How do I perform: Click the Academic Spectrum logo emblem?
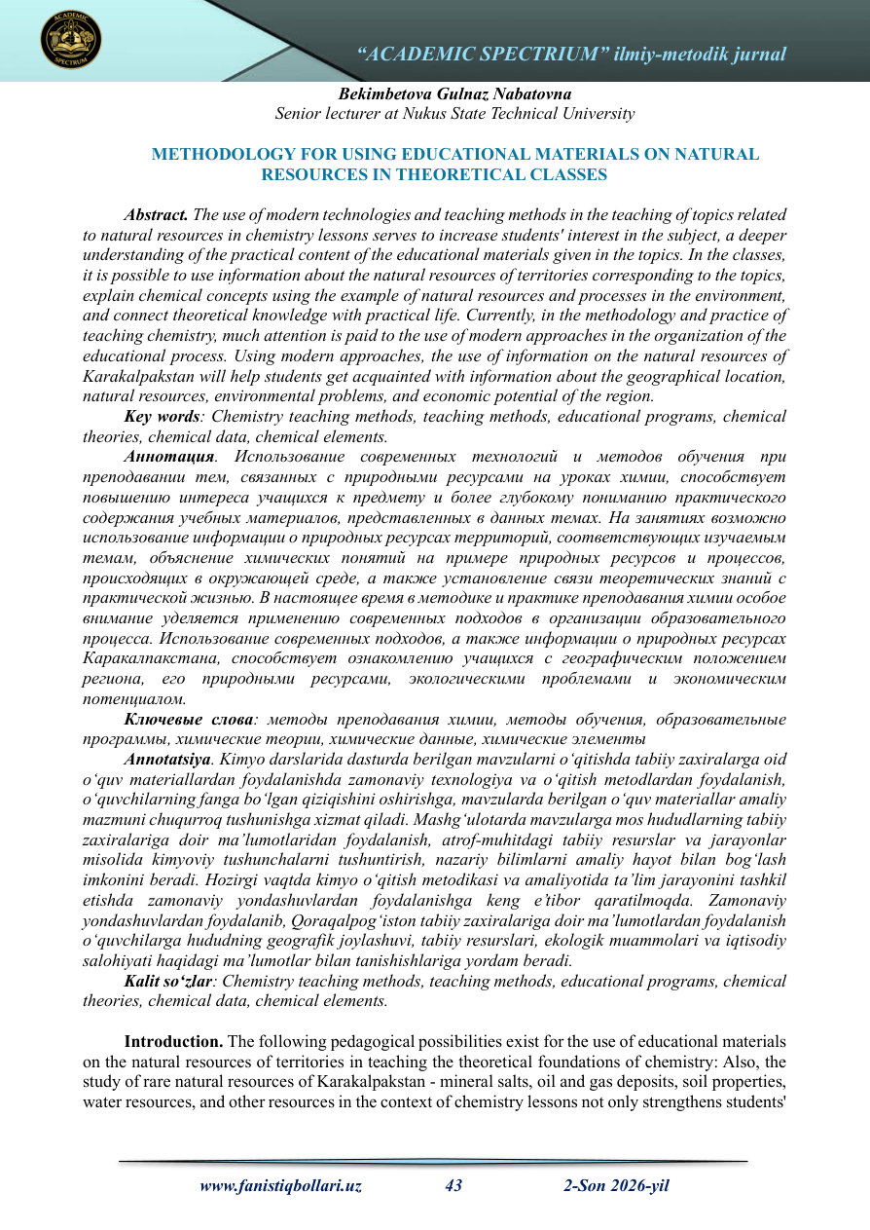71,40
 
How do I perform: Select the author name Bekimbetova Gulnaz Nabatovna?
454,93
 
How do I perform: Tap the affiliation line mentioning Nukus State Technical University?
454,113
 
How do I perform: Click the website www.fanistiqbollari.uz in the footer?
280,1186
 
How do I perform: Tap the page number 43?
453,1186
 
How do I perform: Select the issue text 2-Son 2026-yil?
616,1186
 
